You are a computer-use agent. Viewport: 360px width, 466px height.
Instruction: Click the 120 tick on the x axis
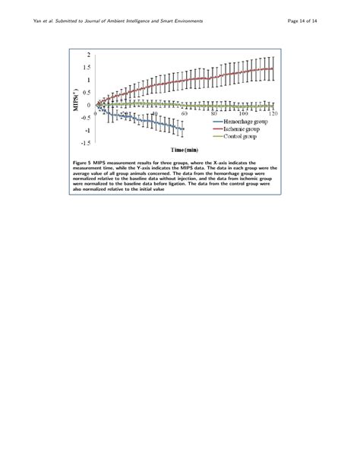[271, 113]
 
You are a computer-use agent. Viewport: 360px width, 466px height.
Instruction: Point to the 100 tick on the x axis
[244, 113]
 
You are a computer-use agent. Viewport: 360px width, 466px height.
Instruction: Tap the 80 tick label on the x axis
[215, 113]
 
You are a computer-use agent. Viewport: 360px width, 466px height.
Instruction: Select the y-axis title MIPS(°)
[75, 98]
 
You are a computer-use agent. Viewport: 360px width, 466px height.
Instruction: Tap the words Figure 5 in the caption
[80, 162]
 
